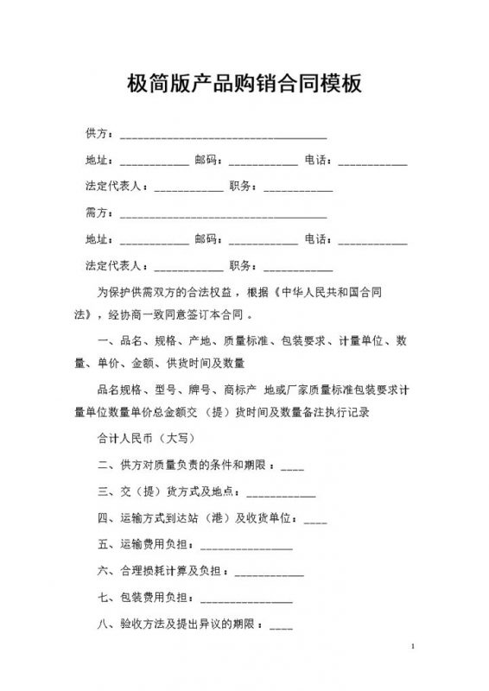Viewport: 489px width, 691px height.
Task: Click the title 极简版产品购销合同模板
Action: click(244, 85)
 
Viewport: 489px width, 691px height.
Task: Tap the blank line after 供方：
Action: click(223, 136)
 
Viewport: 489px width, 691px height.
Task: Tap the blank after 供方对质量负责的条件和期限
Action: click(292, 468)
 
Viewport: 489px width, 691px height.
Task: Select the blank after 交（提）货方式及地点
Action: click(281, 496)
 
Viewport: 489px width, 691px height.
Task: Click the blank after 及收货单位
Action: click(315, 522)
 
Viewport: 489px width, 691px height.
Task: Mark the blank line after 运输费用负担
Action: click(246, 548)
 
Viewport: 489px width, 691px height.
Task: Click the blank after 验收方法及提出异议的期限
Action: click(282, 627)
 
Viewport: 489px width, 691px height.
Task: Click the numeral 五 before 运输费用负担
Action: click(104, 546)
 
